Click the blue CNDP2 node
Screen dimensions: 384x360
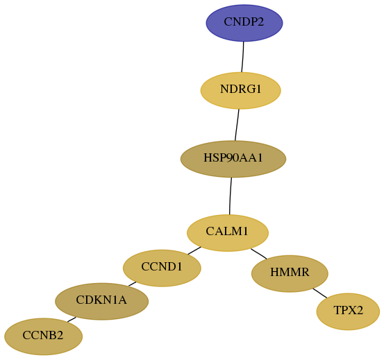244,23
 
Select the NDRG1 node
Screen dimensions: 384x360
240,90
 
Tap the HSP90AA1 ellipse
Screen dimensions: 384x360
233,159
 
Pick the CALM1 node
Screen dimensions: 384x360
228,233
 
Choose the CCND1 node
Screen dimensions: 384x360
162,268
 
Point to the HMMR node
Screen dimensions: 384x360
290,274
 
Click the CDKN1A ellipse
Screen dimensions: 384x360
101,301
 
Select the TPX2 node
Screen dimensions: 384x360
348,311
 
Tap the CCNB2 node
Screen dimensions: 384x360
43,336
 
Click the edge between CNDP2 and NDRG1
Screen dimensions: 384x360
243,57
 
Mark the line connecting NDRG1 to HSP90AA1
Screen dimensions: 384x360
237,125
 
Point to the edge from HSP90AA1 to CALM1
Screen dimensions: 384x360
231,196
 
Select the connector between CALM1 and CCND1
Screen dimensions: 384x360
194,250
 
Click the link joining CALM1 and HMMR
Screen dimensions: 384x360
259,254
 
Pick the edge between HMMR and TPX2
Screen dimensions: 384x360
320,293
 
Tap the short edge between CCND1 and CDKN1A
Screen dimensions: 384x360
132,284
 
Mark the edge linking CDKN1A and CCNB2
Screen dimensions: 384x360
72,319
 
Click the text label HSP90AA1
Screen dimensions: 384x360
233,157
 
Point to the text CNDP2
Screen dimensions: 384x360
244,22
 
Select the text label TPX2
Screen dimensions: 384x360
348,310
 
